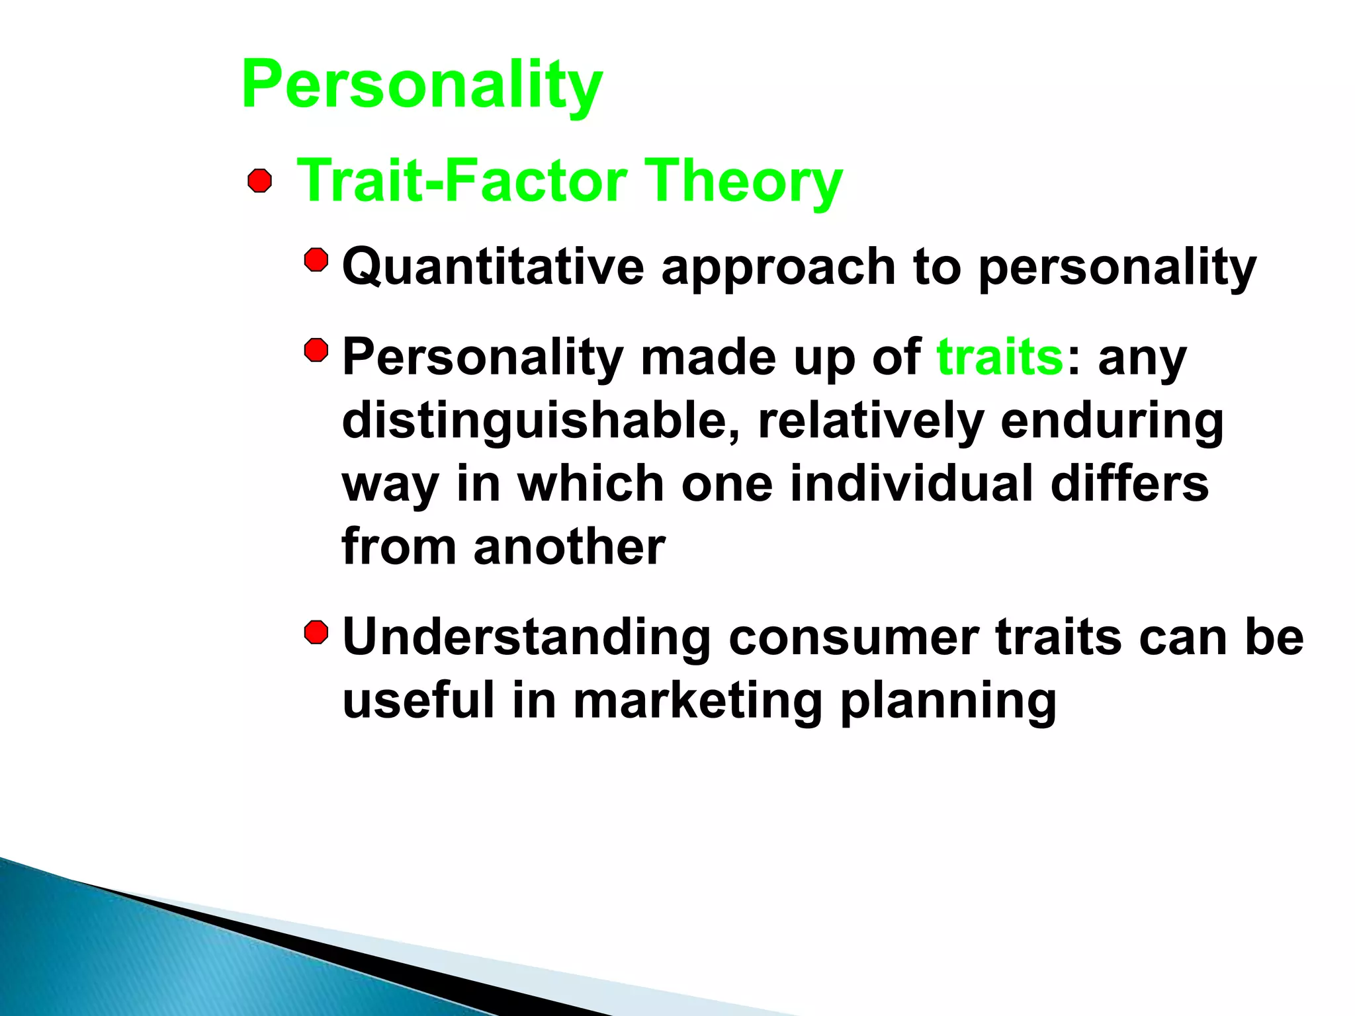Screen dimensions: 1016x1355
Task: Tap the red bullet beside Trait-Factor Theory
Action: click(x=259, y=181)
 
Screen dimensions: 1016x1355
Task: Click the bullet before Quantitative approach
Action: click(x=316, y=260)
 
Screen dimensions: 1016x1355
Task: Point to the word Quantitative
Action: click(x=493, y=267)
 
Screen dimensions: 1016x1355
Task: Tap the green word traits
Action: click(x=1000, y=357)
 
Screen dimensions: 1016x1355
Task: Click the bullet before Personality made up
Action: click(x=316, y=351)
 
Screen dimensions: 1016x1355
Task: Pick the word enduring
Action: click(x=1112, y=421)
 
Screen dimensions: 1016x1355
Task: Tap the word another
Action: click(x=569, y=547)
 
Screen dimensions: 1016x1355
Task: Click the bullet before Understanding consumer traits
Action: click(x=316, y=632)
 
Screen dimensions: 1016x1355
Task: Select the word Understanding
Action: click(x=527, y=637)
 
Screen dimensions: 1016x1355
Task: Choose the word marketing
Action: click(x=697, y=701)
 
